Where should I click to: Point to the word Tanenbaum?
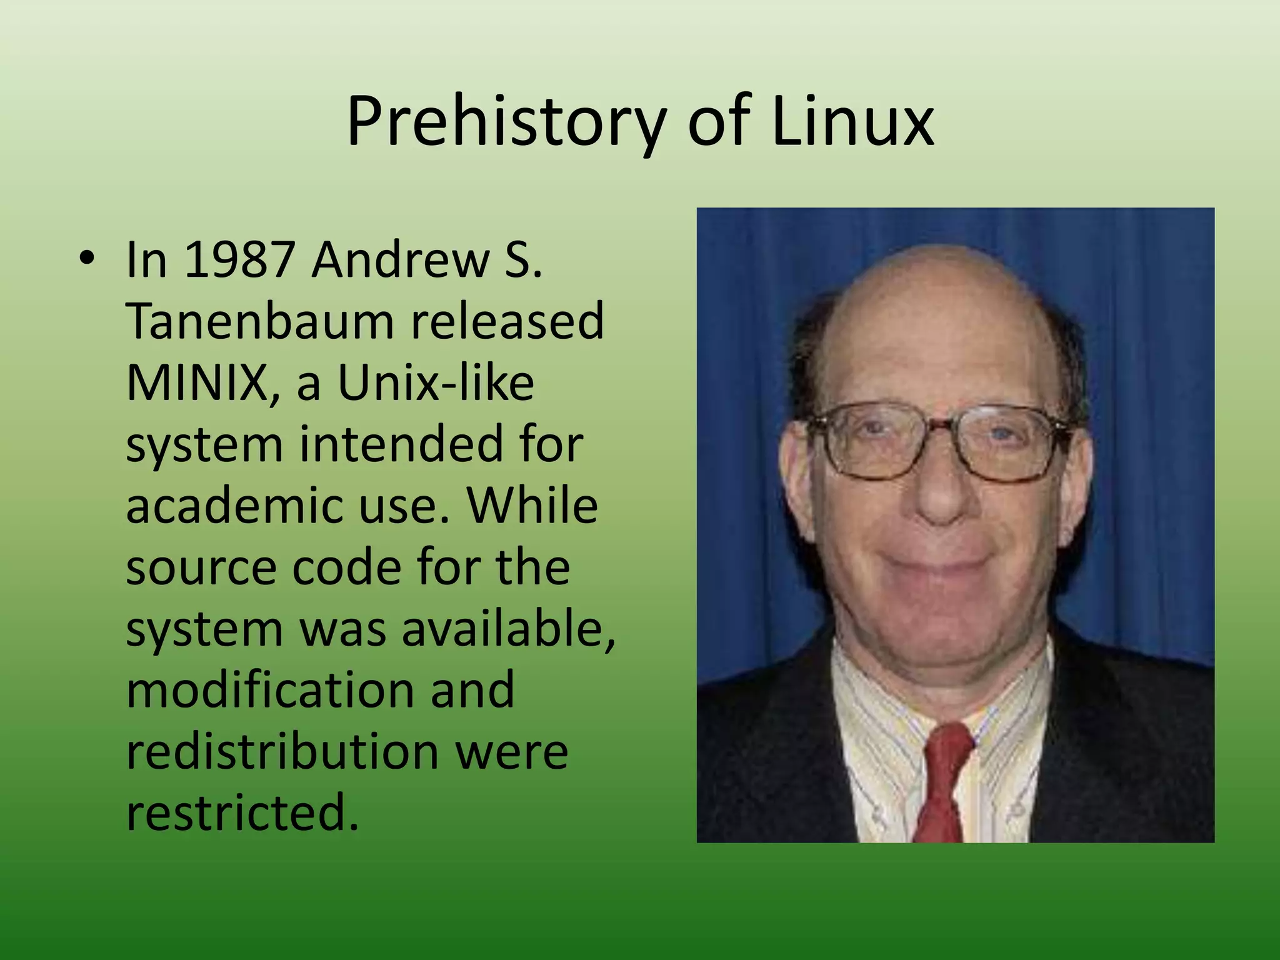coord(259,321)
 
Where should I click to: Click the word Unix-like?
coord(436,382)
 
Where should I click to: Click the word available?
coord(507,628)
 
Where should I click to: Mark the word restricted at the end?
coord(242,812)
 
